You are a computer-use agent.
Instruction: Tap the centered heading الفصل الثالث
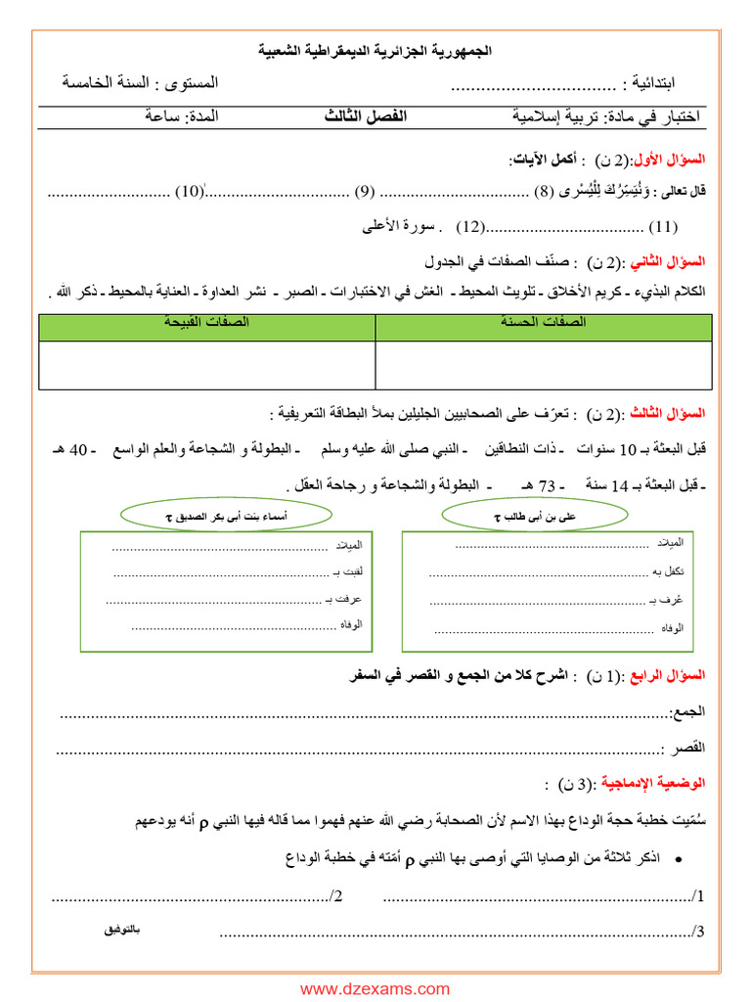point(366,116)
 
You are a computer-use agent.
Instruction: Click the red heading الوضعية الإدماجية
point(649,785)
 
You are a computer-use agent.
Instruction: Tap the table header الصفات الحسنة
point(545,322)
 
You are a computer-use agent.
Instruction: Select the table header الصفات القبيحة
point(206,322)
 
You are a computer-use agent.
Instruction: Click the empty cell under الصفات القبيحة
point(206,365)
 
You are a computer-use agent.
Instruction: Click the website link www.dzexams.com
point(375,989)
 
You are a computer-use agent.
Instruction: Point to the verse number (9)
point(365,191)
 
